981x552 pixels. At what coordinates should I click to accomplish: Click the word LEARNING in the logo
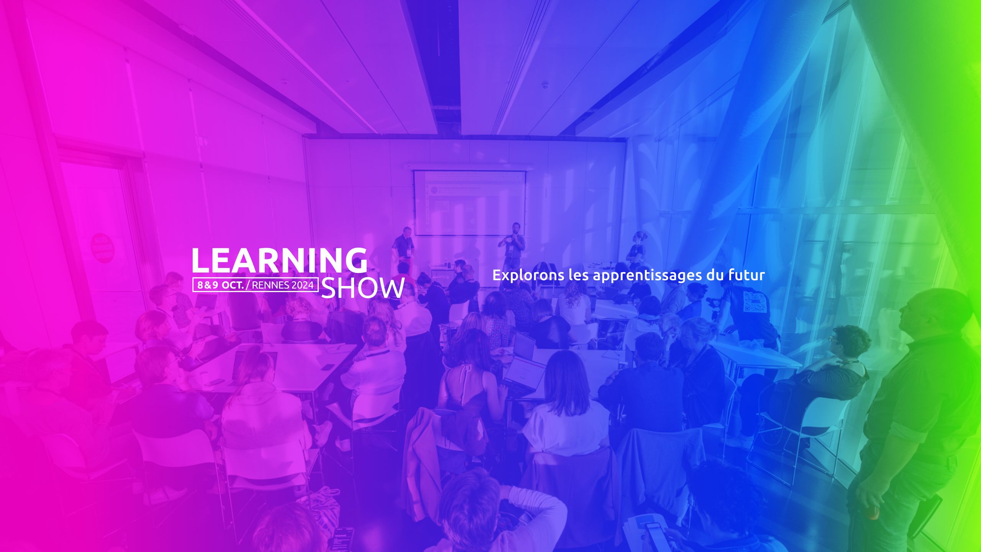click(279, 260)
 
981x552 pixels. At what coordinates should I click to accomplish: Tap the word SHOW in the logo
click(363, 288)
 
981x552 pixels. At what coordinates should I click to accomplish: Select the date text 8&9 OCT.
click(221, 285)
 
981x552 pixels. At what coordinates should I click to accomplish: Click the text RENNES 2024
click(283, 285)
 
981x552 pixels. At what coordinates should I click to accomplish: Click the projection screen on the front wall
click(469, 202)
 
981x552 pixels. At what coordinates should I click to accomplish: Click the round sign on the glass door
click(103, 248)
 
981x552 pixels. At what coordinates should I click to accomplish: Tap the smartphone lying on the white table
click(328, 367)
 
